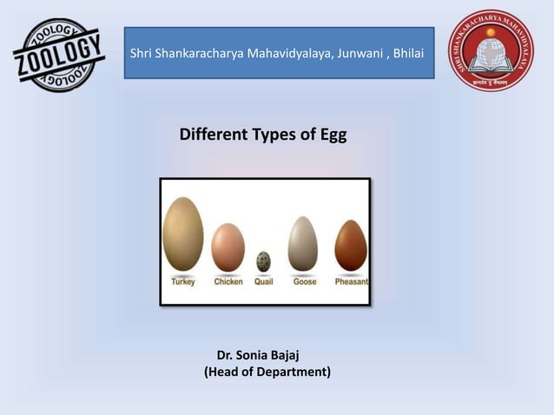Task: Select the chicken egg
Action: pos(228,247)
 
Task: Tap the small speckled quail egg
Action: pos(263,260)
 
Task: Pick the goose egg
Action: pos(303,243)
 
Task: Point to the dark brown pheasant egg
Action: pos(351,246)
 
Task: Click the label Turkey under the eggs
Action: pos(183,282)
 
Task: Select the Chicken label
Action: pos(228,282)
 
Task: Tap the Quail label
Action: pos(264,282)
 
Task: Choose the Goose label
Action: pos(304,282)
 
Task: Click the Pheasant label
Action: pos(352,282)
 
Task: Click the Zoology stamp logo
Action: pos(59,54)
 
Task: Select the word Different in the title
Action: pos(211,136)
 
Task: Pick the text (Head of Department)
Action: pos(267,373)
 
